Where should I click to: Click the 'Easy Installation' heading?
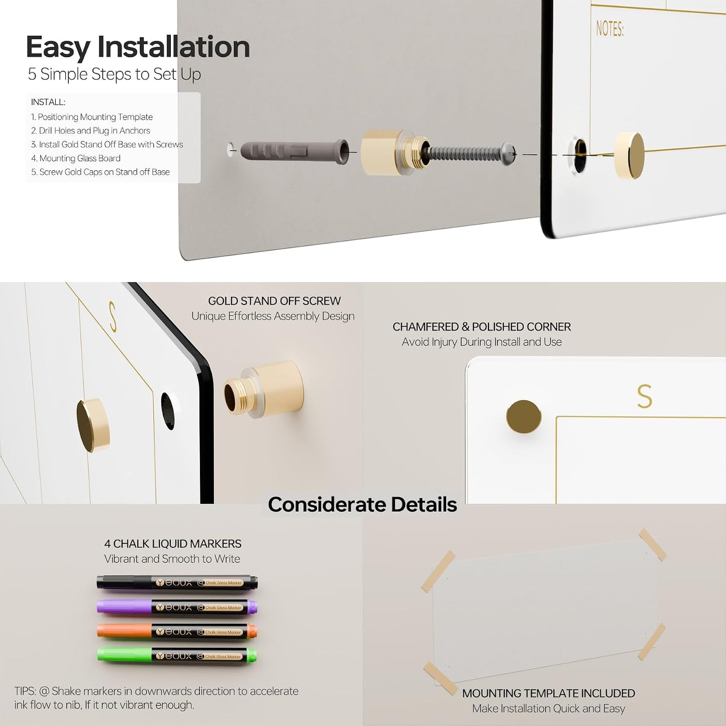click(x=138, y=47)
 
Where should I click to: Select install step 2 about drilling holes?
click(x=90, y=131)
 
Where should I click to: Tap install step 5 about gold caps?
click(x=100, y=172)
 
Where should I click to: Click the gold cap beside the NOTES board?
click(x=629, y=155)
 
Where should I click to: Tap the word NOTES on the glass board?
click(x=609, y=29)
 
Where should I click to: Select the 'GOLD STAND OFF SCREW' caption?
click(x=274, y=301)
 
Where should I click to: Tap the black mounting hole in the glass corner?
click(x=168, y=411)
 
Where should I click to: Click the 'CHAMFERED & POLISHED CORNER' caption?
click(x=481, y=327)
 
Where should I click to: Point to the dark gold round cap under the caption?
click(x=524, y=417)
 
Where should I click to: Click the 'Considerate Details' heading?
click(x=362, y=504)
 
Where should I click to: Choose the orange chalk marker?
click(x=177, y=632)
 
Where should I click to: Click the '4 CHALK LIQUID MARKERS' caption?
click(x=172, y=544)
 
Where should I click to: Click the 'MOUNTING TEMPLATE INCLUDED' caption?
click(x=549, y=693)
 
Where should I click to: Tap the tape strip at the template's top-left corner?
click(x=438, y=571)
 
